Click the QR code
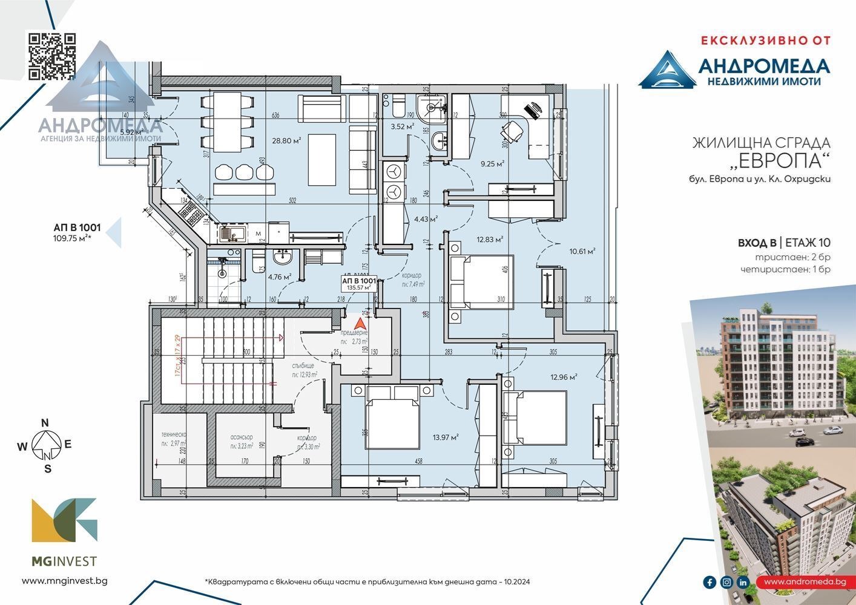(x=53, y=56)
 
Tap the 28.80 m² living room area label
(x=286, y=141)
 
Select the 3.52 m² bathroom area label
(x=402, y=127)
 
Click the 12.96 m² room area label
(x=564, y=377)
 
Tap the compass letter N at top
(x=44, y=423)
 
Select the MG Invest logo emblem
(x=64, y=520)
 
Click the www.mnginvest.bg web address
(x=64, y=581)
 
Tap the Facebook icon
(x=709, y=582)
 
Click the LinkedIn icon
(x=743, y=582)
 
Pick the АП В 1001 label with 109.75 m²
(x=77, y=232)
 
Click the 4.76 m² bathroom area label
(x=280, y=278)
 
